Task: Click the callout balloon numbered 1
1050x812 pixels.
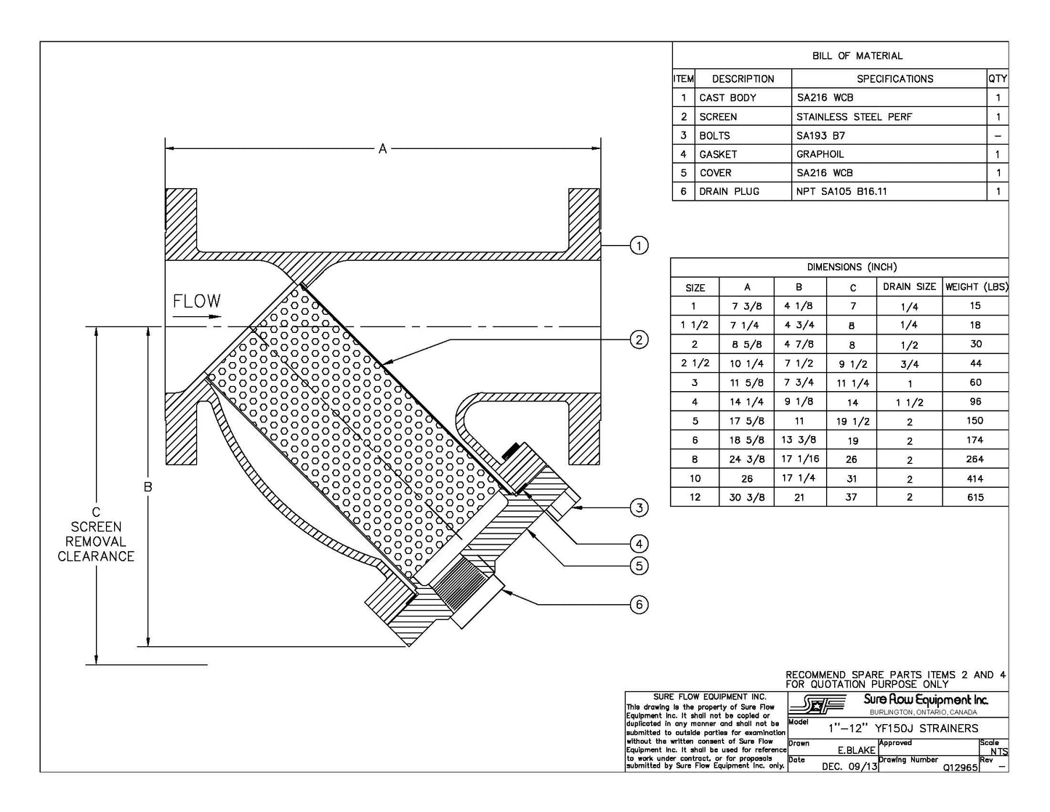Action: [638, 246]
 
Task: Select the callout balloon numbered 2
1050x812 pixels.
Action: [638, 339]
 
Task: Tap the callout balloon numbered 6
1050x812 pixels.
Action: [638, 604]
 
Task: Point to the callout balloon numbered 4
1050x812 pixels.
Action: [638, 543]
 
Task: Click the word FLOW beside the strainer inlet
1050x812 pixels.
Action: [196, 301]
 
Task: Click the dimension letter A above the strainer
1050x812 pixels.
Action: [382, 149]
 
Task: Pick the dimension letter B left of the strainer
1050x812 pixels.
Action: [148, 487]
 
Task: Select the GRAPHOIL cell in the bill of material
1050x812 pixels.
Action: [820, 154]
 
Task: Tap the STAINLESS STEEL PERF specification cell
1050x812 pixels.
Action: [854, 116]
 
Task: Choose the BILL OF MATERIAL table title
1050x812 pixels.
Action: [857, 56]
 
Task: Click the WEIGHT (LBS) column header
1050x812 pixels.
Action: [976, 287]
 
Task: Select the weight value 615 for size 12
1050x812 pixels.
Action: [975, 497]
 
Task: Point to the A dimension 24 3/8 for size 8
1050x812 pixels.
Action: [747, 459]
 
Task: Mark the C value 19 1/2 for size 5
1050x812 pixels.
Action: [852, 422]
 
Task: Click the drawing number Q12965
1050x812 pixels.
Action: [959, 767]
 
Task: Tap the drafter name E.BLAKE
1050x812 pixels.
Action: [856, 750]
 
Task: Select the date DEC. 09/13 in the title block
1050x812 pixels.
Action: [849, 767]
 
